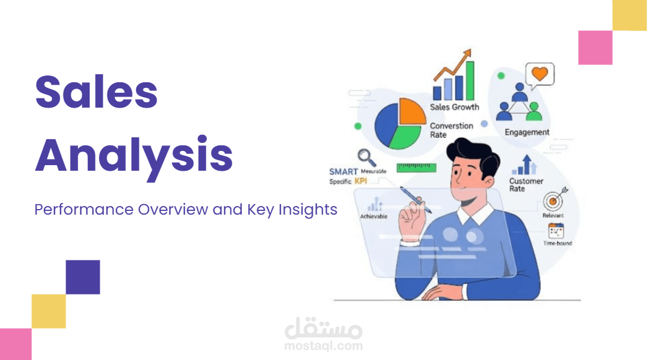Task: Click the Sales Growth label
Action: (x=454, y=107)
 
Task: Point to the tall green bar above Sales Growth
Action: (x=470, y=80)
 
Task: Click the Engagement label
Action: (x=527, y=132)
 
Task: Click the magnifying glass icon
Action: (x=365, y=157)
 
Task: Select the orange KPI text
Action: (x=361, y=182)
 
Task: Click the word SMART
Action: (x=343, y=171)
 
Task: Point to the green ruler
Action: (x=417, y=167)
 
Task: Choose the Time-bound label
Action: (x=558, y=243)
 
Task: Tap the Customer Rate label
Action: (x=526, y=184)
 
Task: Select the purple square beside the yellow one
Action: (x=83, y=277)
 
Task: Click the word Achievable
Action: (x=374, y=216)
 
